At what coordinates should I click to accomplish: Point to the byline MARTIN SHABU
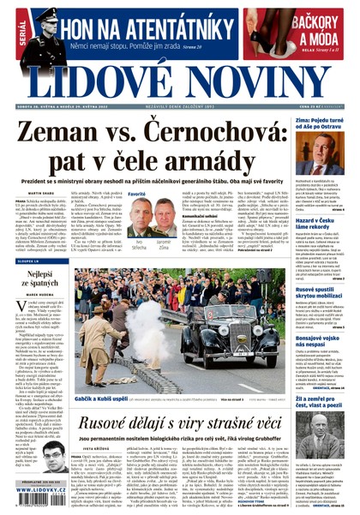coord(29,194)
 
